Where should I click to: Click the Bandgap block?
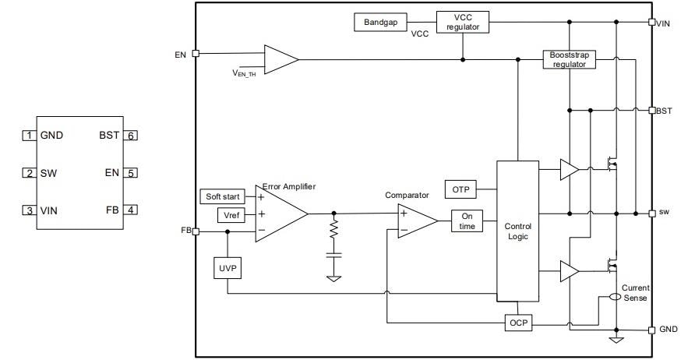pyautogui.click(x=381, y=22)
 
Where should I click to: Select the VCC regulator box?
pyautogui.click(x=463, y=22)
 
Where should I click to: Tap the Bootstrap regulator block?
pyautogui.click(x=569, y=59)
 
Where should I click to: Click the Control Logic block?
pyautogui.click(x=517, y=231)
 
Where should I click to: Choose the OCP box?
pyautogui.click(x=517, y=323)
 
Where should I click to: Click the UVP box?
pyautogui.click(x=227, y=269)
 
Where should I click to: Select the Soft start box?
pyautogui.click(x=222, y=196)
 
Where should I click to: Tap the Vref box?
pyautogui.click(x=231, y=214)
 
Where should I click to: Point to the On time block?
pyautogui.click(x=468, y=221)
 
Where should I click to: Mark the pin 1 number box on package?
pyautogui.click(x=29, y=135)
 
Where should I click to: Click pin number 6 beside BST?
pyautogui.click(x=132, y=135)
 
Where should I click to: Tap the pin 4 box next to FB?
pyautogui.click(x=132, y=210)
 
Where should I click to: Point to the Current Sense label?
pyautogui.click(x=635, y=292)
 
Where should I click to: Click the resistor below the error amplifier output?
pyautogui.click(x=334, y=231)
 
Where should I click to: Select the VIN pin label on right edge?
pyautogui.click(x=663, y=23)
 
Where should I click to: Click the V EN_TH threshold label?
pyautogui.click(x=245, y=72)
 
